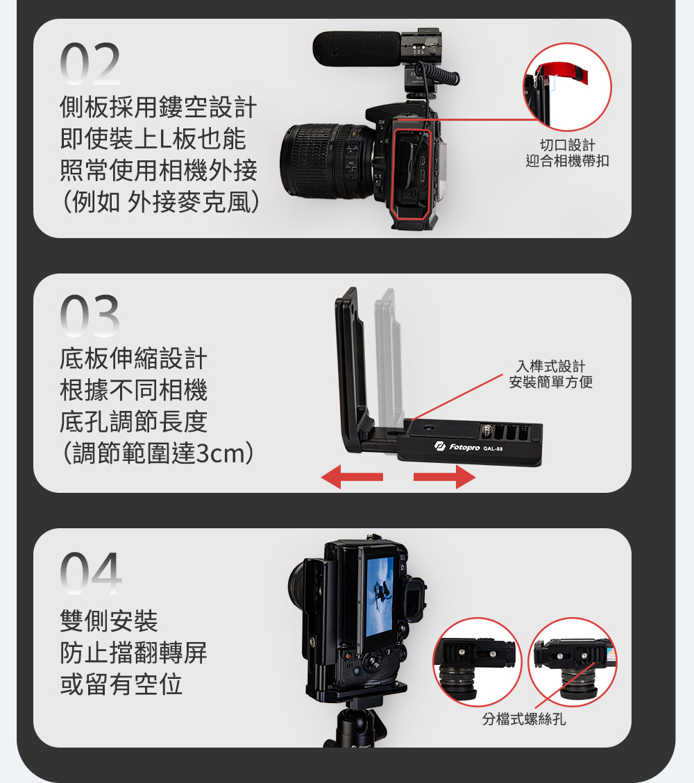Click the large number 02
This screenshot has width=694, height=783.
[90, 63]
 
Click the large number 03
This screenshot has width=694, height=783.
[90, 315]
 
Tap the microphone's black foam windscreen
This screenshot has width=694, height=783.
[357, 49]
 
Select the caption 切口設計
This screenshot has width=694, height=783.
[568, 145]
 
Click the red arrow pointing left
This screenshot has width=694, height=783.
[352, 477]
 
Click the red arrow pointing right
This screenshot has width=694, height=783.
[444, 477]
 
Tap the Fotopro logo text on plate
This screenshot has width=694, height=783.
[464, 447]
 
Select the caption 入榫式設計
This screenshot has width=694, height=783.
[551, 366]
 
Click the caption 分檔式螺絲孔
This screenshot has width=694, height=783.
[524, 719]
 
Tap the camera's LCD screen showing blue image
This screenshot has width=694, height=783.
[380, 597]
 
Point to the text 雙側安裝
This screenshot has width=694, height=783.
[109, 621]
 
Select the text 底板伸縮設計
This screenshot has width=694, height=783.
[133, 358]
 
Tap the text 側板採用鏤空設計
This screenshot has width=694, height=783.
[158, 107]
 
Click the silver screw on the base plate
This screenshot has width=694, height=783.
[487, 431]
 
